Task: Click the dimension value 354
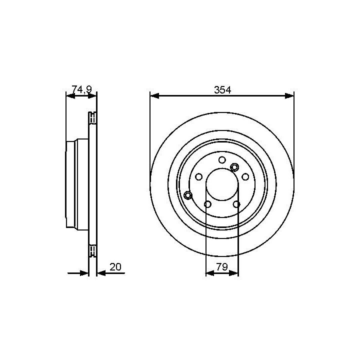(222, 90)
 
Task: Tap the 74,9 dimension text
(81, 89)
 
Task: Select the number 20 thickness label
(115, 267)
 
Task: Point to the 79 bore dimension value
(222, 267)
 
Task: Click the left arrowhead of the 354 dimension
(154, 96)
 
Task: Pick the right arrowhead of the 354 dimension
(289, 96)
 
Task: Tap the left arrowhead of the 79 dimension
(210, 273)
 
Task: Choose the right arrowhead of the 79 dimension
(234, 273)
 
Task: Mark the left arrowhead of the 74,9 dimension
(70, 96)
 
